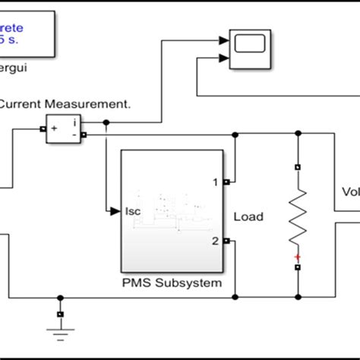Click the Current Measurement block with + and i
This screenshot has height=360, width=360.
click(x=64, y=129)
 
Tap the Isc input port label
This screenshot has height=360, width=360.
click(x=134, y=210)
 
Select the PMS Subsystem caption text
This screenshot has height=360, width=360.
click(x=172, y=283)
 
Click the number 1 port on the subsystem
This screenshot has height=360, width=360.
click(x=215, y=182)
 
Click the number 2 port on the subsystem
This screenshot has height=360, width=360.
click(x=215, y=241)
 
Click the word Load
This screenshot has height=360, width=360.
click(x=248, y=216)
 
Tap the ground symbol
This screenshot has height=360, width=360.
click(x=60, y=328)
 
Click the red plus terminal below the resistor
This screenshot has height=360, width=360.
click(x=298, y=257)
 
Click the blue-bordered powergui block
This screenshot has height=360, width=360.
click(x=30, y=35)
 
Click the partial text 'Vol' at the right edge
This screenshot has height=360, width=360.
click(x=350, y=192)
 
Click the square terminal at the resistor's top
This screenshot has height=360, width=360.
click(x=298, y=166)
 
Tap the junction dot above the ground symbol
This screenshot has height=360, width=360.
click(x=60, y=297)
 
